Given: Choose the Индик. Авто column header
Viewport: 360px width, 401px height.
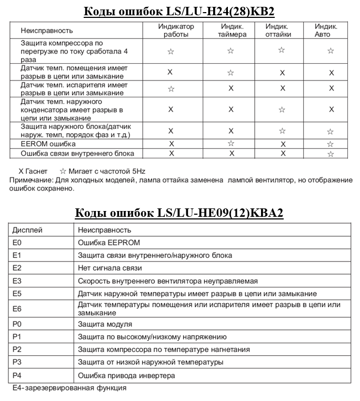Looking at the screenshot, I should click(326, 30).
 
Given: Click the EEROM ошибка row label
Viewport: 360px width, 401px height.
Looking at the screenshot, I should click(48, 144).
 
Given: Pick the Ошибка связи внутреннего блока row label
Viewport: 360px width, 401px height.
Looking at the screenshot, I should click(77, 154).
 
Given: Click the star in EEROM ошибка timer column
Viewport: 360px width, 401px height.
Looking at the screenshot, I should click(231, 143).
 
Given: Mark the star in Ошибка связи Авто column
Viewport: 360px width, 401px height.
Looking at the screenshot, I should click(331, 154).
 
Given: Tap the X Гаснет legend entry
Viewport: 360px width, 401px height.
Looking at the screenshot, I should click(33, 172).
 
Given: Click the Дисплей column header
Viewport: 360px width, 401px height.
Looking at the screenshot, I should click(27, 230).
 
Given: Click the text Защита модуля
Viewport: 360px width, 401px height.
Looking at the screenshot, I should click(105, 324).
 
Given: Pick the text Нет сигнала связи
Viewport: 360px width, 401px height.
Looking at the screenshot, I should click(109, 268).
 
